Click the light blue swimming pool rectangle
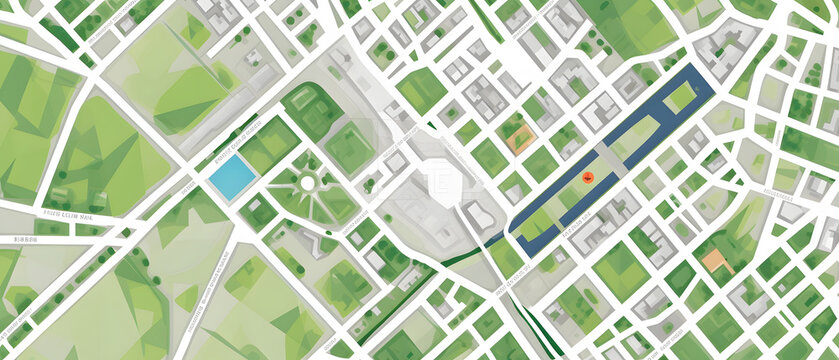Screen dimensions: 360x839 tap(231, 176)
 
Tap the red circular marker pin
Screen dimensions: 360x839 tap(588, 177)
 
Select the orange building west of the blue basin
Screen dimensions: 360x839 tap(517, 139)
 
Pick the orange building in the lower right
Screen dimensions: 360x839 tap(716, 261)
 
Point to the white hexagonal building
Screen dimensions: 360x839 tap(440, 181)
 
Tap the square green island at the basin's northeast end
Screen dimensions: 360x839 tap(681, 97)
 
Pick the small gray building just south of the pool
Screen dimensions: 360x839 tap(258, 211)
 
